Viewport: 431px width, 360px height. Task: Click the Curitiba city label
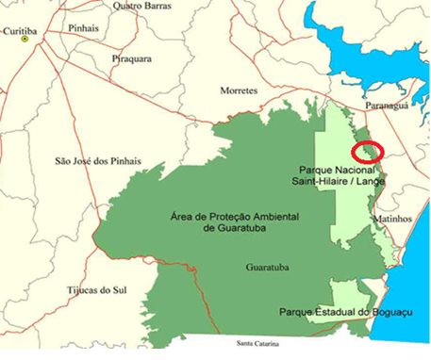[20, 31]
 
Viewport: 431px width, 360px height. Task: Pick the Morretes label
[239, 90]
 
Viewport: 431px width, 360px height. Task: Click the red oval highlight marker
[366, 150]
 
